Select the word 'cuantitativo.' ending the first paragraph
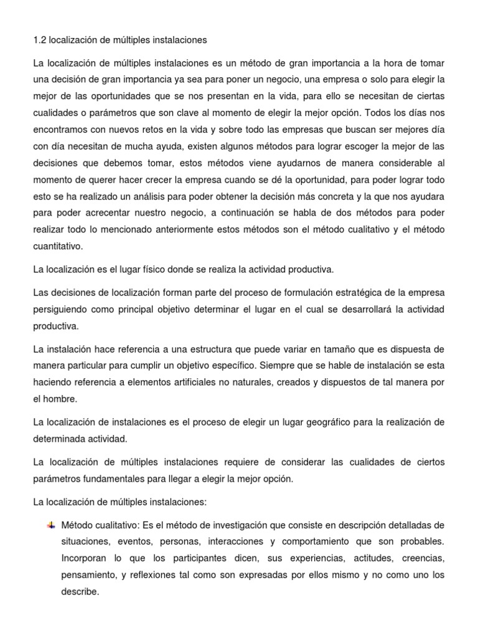click(58, 245)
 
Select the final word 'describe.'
click(80, 591)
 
